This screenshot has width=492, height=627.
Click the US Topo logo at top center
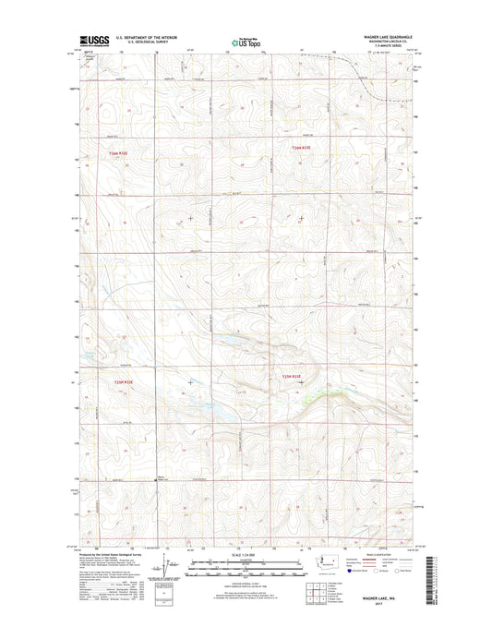(x=246, y=41)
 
